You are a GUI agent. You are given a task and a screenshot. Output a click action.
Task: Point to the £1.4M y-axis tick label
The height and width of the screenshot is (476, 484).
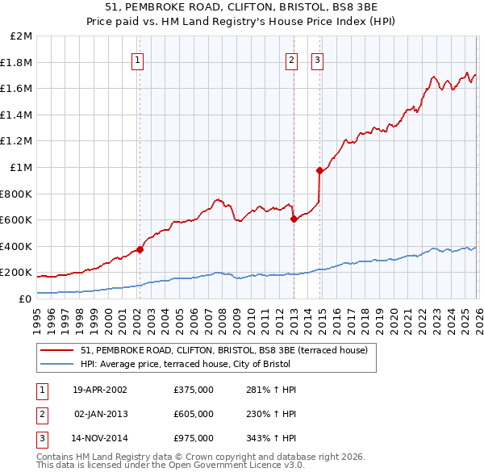[18, 115]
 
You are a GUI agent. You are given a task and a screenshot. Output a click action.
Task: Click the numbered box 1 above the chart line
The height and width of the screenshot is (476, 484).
[138, 60]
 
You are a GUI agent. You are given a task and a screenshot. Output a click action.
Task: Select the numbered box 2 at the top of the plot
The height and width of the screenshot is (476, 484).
[291, 60]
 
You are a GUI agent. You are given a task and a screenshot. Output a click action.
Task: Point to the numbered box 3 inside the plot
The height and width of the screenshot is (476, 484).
[318, 60]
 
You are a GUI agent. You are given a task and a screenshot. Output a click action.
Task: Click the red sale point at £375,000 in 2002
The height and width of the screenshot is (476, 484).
[140, 249]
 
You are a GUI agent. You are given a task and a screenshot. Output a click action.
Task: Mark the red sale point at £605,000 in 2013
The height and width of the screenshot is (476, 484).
[294, 219]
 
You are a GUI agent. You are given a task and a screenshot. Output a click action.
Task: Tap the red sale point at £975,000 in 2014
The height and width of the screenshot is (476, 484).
[319, 170]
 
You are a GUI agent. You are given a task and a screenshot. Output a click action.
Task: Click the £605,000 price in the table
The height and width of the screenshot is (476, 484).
[194, 414]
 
